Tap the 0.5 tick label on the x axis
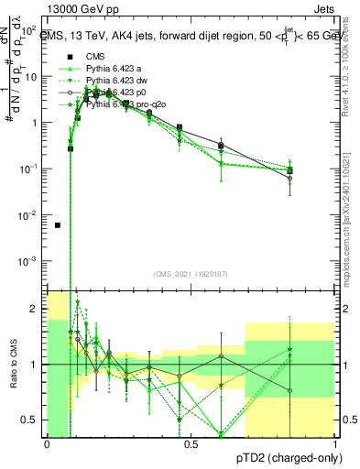(191, 444)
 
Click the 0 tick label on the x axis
(47, 444)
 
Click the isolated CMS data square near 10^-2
(58, 224)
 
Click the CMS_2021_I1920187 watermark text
(191, 274)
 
